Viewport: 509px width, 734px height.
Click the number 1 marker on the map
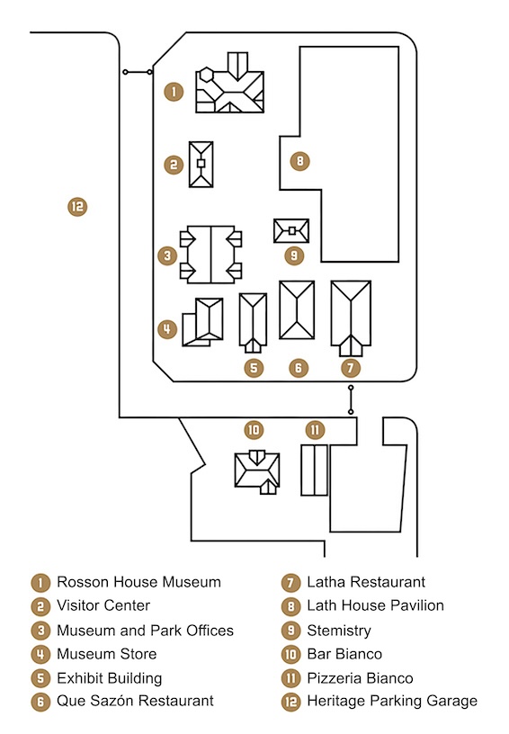[x=174, y=91]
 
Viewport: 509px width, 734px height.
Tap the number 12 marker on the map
[x=77, y=207]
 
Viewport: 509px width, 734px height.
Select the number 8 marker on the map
[x=299, y=162]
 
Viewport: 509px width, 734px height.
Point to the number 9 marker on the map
[x=294, y=255]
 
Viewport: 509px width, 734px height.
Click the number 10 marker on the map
[x=254, y=430]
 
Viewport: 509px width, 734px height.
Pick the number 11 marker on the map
[x=315, y=430]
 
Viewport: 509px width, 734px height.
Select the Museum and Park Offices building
[x=211, y=255]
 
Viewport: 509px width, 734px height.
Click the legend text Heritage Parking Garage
[x=392, y=701]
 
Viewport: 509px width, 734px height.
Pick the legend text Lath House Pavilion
[x=375, y=605]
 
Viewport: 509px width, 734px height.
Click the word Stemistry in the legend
[x=339, y=631]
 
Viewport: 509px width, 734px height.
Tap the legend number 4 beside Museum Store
[x=40, y=654]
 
